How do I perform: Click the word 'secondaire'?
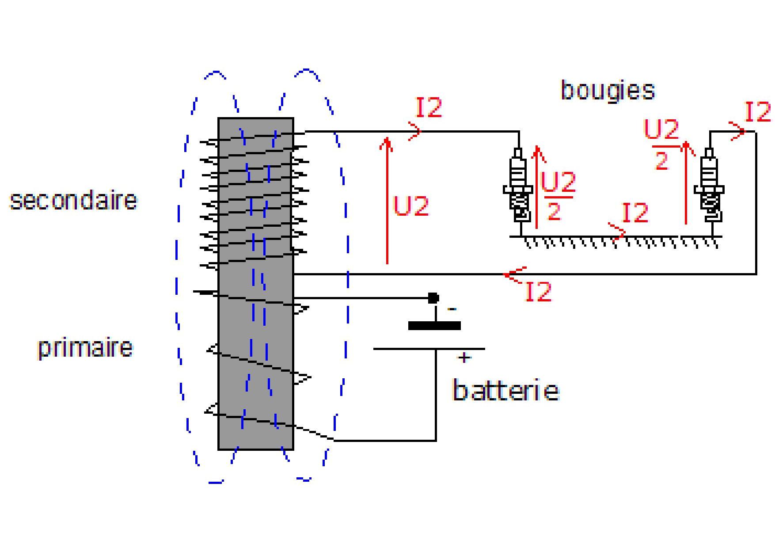coord(73,201)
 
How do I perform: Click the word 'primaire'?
coord(85,348)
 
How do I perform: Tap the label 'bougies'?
coord(608,91)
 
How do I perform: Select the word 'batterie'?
coord(506,391)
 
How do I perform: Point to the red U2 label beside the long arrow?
coord(411,206)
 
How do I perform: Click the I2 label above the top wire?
coord(429,107)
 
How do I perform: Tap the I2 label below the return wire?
coord(539,292)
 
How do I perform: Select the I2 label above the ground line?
coord(635,213)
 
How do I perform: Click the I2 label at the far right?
coord(758,112)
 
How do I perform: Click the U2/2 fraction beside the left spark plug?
coord(558,195)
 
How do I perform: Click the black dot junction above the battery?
coord(433,298)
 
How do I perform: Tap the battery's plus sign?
coord(464,358)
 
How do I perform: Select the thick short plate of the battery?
coord(434,326)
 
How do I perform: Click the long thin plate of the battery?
coord(429,349)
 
